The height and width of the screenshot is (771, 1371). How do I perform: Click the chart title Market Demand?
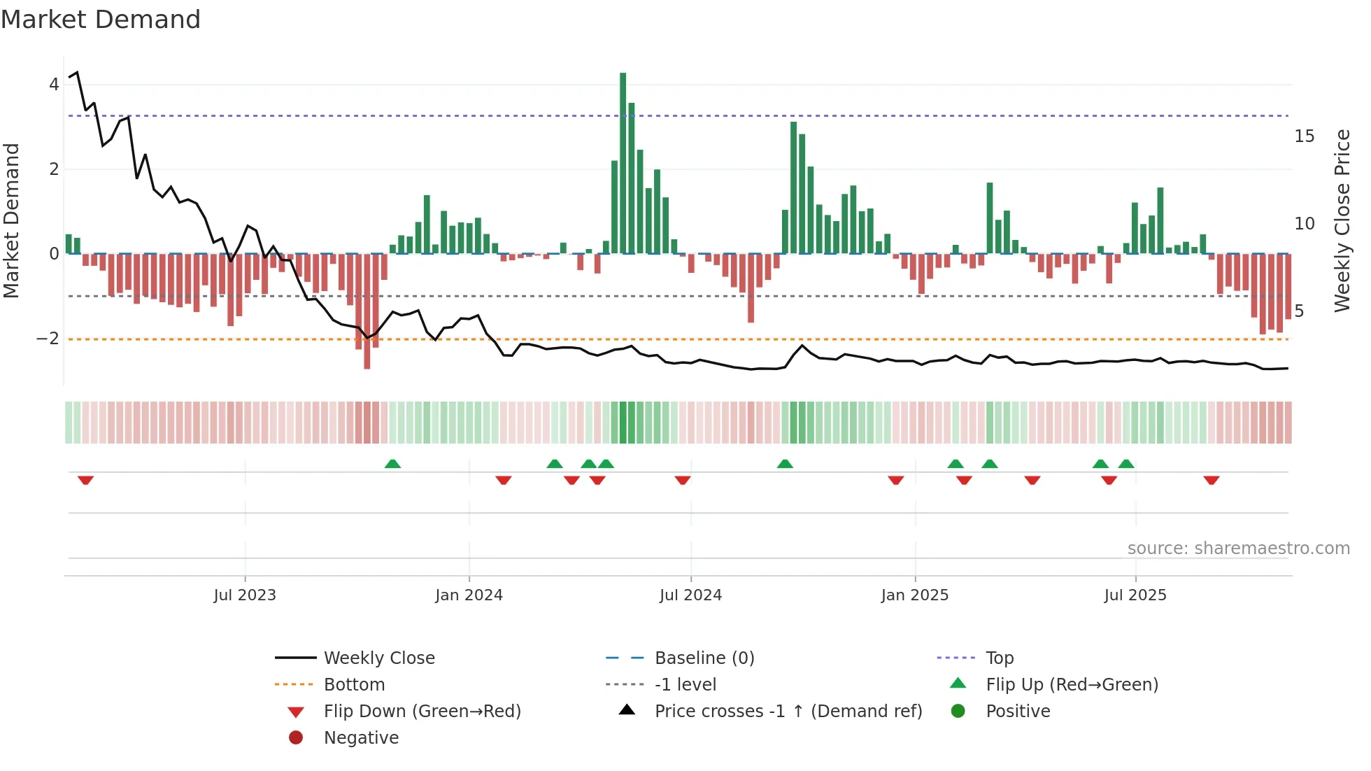[x=101, y=20]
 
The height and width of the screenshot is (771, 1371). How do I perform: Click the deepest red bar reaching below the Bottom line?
[x=367, y=311]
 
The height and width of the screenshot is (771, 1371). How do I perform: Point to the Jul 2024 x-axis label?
[x=690, y=595]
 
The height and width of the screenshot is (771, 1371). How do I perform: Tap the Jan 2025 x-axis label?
[x=914, y=595]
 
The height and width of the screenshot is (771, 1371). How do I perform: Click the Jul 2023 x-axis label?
[x=245, y=595]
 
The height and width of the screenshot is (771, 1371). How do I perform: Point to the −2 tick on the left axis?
[x=48, y=339]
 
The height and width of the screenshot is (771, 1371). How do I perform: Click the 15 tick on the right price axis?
[x=1304, y=136]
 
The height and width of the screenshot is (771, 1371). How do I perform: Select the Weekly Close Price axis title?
[x=1342, y=220]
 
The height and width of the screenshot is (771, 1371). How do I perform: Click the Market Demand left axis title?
[x=12, y=220]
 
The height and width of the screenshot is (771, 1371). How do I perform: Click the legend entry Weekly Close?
[x=378, y=658]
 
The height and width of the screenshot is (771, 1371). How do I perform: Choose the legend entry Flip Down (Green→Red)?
[x=422, y=712]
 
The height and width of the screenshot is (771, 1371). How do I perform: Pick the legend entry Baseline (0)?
[x=704, y=658]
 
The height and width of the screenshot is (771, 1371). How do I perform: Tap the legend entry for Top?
[x=999, y=658]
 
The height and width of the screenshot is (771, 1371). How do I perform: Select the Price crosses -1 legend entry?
[x=788, y=712]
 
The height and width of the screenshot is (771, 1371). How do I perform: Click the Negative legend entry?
[x=361, y=738]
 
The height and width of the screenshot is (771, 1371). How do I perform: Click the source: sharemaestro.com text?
[x=1238, y=549]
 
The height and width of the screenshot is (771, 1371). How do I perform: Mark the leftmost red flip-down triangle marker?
[x=85, y=480]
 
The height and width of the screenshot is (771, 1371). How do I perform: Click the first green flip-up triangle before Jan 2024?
[x=392, y=464]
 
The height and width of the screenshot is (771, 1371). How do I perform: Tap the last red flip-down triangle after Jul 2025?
[x=1212, y=480]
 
